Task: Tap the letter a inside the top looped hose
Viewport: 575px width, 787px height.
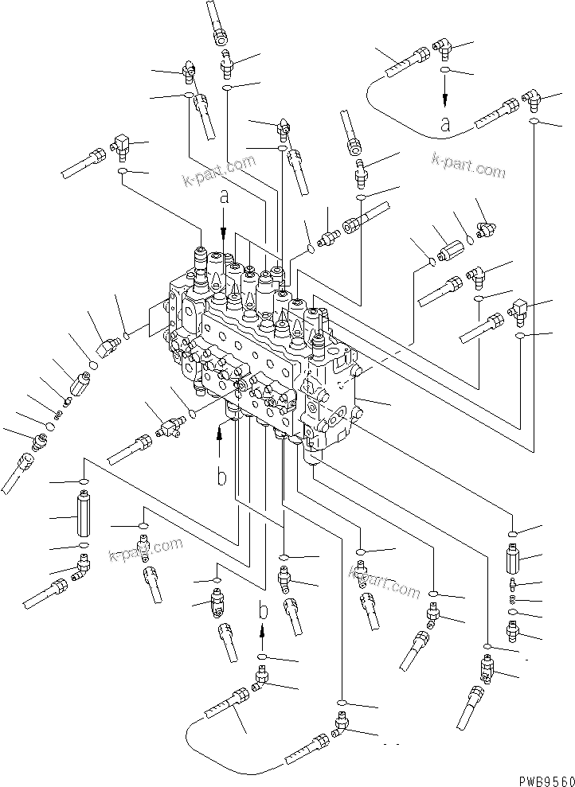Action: (x=445, y=123)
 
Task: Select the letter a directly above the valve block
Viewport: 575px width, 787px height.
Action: (x=224, y=197)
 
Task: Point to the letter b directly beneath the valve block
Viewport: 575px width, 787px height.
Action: (x=222, y=478)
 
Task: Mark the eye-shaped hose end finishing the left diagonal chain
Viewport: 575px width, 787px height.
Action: (x=24, y=462)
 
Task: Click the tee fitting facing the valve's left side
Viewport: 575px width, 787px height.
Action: (x=168, y=427)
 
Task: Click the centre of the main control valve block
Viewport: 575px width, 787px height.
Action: (x=263, y=350)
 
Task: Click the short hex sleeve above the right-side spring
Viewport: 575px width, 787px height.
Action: (x=512, y=559)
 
